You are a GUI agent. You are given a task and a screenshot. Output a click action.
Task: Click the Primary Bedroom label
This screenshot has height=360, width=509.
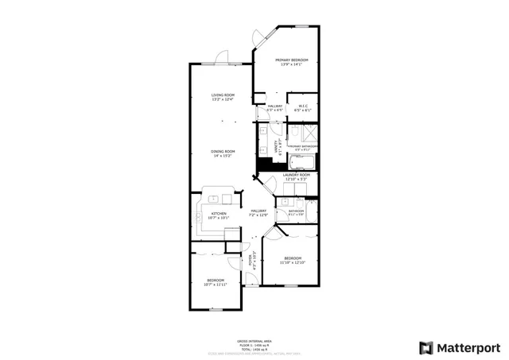(x=291, y=63)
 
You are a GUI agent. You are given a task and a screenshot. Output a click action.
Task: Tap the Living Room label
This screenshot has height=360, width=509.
(x=212, y=97)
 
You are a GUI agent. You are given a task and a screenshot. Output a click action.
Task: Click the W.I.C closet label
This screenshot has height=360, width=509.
(x=303, y=108)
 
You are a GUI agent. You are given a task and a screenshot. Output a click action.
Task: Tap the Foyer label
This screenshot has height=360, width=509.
(x=251, y=261)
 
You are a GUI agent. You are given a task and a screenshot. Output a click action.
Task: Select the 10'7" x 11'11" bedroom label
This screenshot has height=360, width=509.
(x=216, y=282)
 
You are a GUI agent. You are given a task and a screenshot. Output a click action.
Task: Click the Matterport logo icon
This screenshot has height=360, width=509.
(x=426, y=348)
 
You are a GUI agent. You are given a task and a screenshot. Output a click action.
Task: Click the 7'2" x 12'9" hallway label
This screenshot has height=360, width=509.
(x=258, y=212)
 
